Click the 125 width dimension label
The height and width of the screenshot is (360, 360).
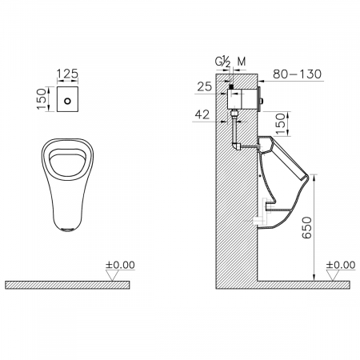coord(67,74)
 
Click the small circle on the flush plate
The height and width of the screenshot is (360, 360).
coord(68,101)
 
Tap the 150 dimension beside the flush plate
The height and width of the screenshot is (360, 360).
coord(42,99)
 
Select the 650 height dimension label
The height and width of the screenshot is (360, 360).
coord(306,228)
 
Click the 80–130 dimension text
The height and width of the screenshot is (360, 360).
coord(298,74)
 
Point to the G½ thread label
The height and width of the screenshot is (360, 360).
coord(222,62)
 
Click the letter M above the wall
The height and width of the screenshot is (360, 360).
coord(242,62)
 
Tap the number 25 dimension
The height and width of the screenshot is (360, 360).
coord(205,86)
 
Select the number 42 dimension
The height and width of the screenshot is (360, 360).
coord(202,114)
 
